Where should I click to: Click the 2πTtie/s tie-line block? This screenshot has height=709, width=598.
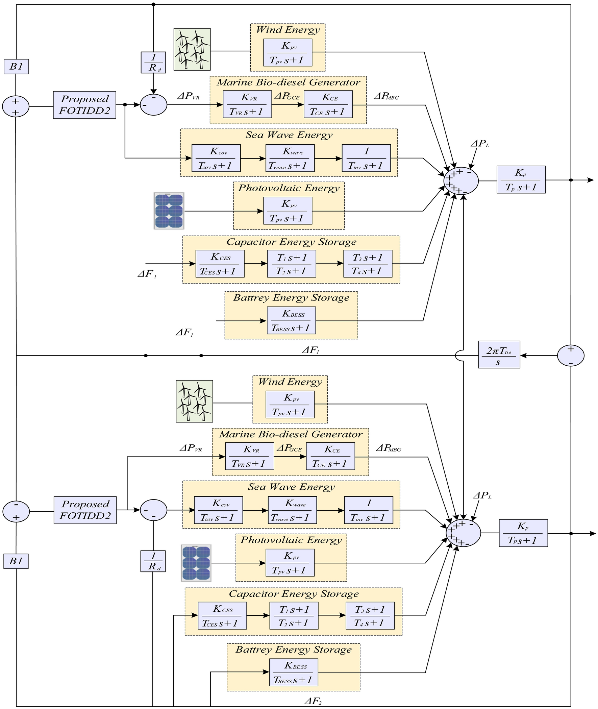pos(499,355)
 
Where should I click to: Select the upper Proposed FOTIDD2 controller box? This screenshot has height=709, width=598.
pos(84,105)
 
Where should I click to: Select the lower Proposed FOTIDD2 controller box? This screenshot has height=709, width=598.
pos(85,510)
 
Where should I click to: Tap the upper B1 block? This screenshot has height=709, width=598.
pos(16,67)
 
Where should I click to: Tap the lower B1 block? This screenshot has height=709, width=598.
pos(16,561)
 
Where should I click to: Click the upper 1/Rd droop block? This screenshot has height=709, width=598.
pos(153,63)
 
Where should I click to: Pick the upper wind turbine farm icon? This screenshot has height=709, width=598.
pos(192,49)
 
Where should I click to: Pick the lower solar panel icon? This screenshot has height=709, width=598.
pos(196,563)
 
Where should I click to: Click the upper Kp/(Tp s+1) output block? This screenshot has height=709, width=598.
pos(521,180)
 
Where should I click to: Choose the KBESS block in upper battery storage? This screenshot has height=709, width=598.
pos(291,320)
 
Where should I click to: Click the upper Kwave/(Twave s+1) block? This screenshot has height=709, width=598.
pos(290,158)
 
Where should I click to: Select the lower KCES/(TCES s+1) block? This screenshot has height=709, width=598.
pos(222,616)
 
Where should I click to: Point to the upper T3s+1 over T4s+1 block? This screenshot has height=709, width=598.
pos(368,264)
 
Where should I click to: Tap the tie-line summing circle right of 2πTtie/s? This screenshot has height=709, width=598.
pos(571,356)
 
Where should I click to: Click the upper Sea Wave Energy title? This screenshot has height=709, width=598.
pos(289,135)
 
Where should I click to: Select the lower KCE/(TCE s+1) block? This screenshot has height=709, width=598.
pos(330,457)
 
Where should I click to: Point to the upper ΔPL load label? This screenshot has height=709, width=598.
pos(480,144)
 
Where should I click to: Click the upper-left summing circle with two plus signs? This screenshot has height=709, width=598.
pos(16,106)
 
